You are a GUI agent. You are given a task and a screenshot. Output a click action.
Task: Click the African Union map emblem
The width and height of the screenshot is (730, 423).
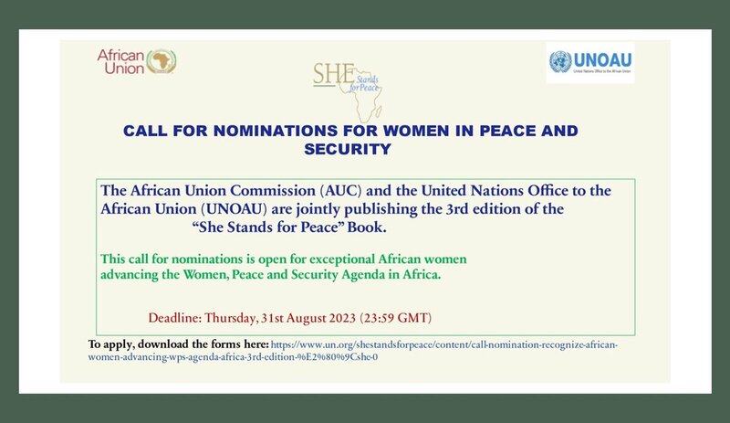point(162,61)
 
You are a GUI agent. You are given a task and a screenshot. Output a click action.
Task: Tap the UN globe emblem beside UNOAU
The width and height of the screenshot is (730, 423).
point(560,62)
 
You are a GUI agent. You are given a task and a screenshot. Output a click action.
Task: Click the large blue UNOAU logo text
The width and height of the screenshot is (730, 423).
point(602,60)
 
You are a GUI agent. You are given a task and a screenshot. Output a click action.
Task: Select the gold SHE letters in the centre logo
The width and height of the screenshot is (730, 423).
point(333,73)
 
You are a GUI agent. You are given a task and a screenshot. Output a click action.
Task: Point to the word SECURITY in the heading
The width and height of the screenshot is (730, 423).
point(348,149)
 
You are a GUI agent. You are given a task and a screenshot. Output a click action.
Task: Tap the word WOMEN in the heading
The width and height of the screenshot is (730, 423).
point(397,131)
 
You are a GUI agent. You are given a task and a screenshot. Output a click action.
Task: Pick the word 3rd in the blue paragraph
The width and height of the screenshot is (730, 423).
point(457,209)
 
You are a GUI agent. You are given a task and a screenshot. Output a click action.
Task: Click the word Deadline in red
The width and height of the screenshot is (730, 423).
point(175,318)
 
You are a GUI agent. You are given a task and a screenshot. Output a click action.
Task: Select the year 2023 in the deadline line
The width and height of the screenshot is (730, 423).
point(342,318)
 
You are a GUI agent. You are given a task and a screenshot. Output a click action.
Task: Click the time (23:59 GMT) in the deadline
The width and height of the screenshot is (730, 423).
point(396,318)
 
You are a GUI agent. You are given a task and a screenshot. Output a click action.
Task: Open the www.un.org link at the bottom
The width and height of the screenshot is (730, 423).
point(353,351)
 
